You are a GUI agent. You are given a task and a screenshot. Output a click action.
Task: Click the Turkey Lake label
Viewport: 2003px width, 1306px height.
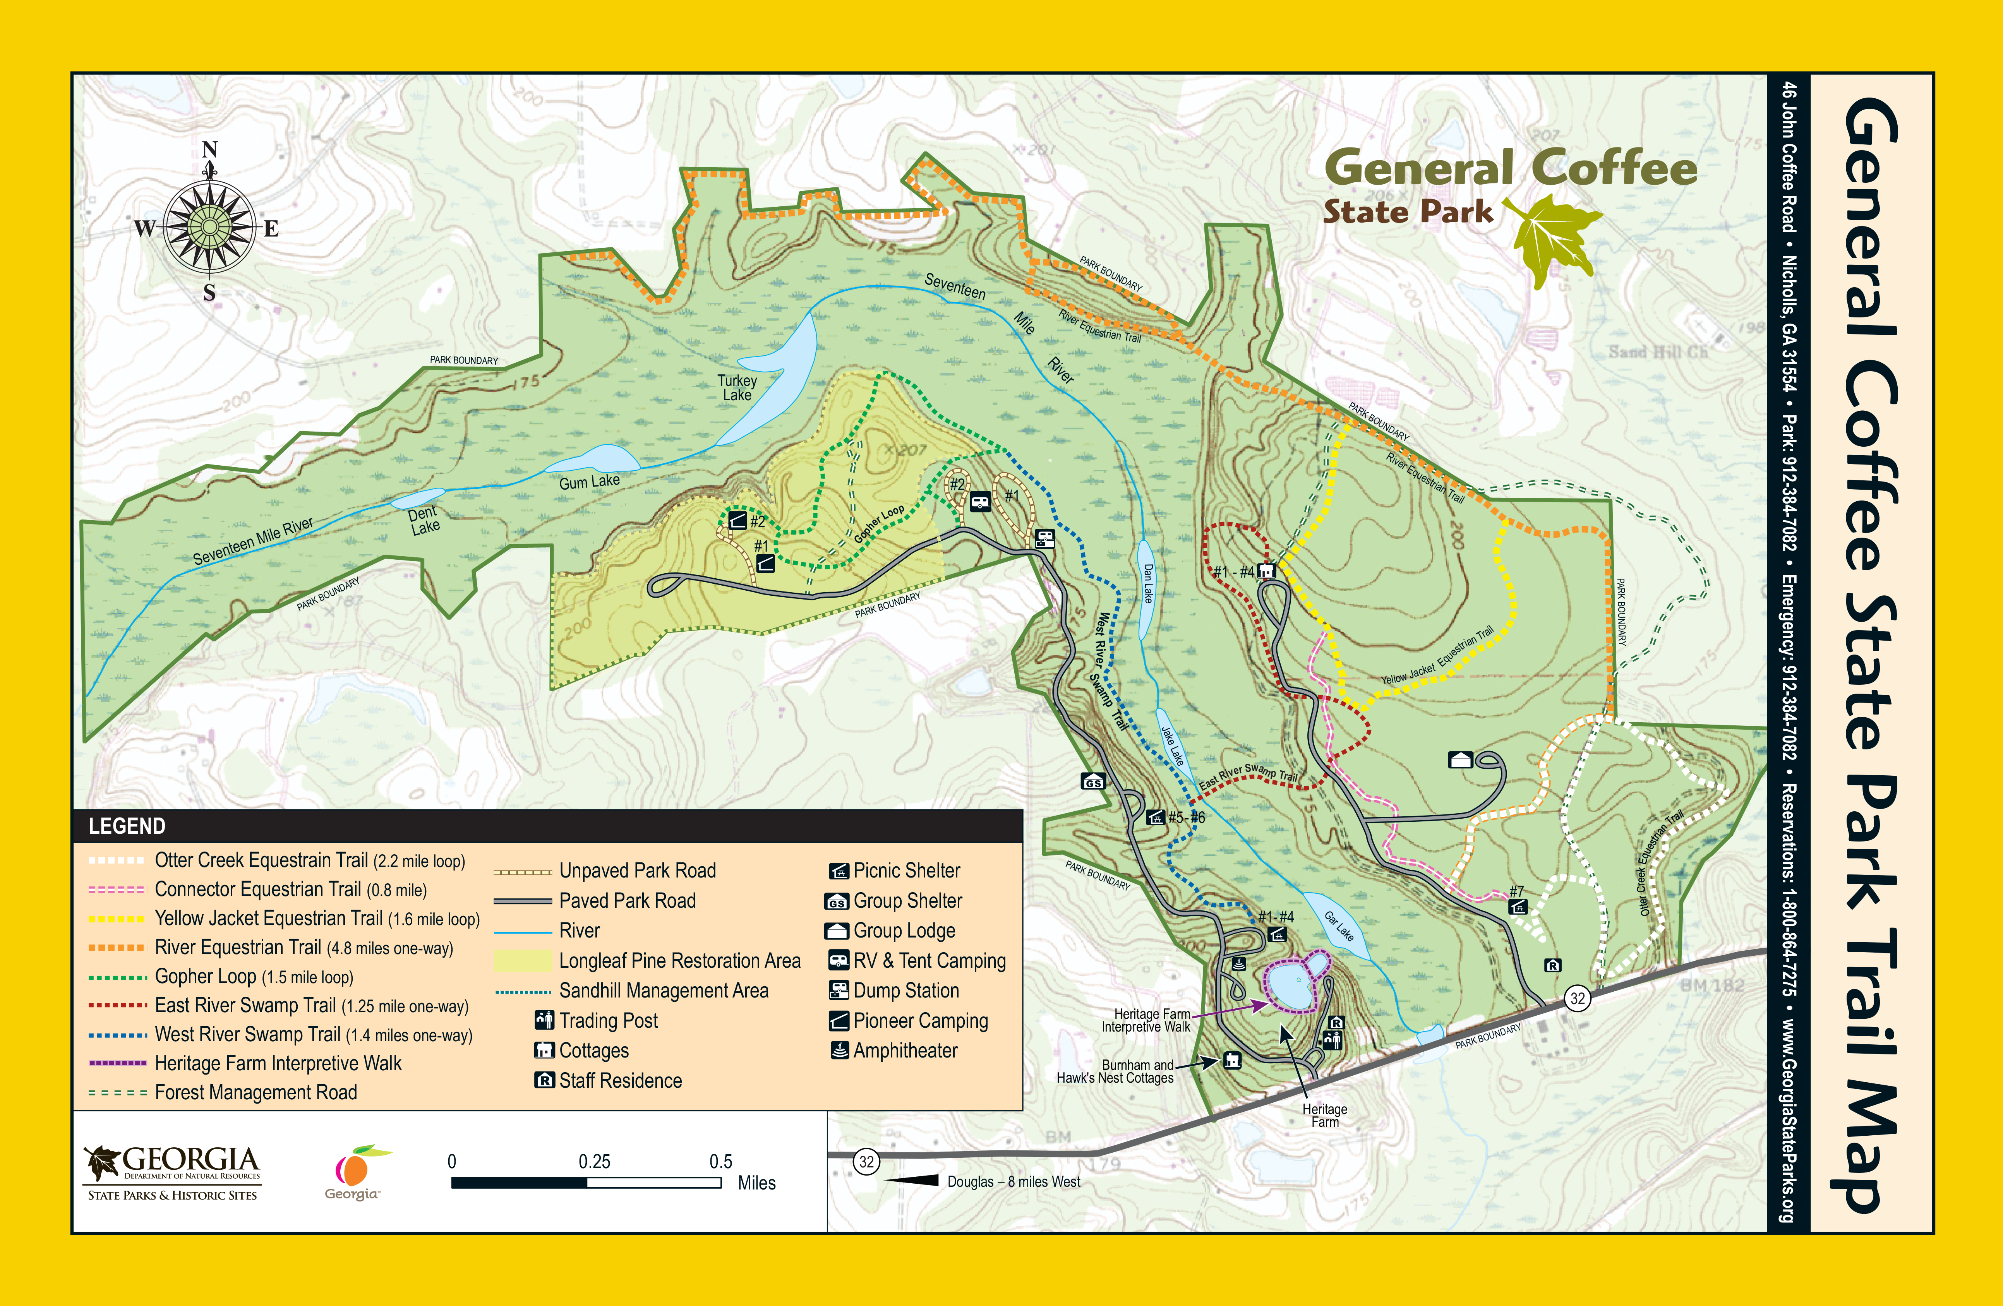[737, 388]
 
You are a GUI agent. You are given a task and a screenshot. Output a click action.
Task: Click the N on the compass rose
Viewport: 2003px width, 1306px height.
[209, 150]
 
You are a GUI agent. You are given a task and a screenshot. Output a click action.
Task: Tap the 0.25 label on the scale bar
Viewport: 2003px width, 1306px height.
[594, 1162]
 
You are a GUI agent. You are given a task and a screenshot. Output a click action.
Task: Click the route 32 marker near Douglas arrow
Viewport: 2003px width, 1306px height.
[866, 1162]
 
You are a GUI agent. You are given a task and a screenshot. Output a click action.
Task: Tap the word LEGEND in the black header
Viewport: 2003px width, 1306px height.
[127, 826]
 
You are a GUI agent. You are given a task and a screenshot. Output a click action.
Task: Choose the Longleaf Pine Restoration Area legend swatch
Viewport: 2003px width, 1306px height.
[522, 961]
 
